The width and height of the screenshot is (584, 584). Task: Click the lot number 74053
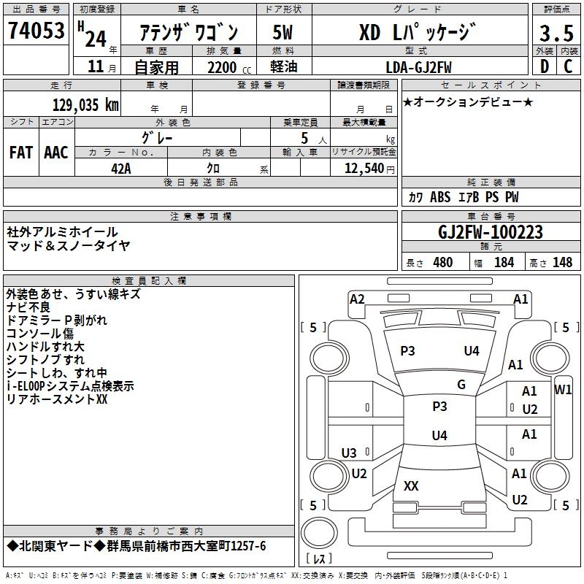[x=36, y=31]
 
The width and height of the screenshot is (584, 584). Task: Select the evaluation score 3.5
[x=556, y=33]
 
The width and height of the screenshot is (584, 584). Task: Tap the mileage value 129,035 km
[x=85, y=104]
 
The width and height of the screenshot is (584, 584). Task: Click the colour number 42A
[x=121, y=167]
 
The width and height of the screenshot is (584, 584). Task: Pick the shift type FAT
[x=21, y=153]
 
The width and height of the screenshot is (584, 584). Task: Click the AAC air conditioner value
[x=56, y=153]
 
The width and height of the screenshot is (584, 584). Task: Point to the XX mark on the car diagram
[x=411, y=485]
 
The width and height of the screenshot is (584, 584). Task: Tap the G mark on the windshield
[x=461, y=385]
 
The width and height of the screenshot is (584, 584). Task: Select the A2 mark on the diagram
[x=357, y=299]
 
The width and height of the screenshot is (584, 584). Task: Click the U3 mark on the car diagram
[x=349, y=453]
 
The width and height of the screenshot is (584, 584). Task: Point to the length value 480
[x=442, y=262]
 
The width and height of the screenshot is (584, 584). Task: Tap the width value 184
[x=504, y=262]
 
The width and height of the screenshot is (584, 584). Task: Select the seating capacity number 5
[x=303, y=137]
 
